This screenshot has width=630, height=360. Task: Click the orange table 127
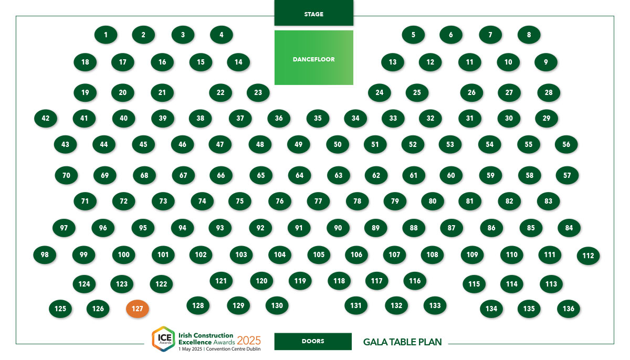pyautogui.click(x=137, y=309)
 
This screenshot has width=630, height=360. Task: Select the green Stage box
pyautogui.click(x=313, y=13)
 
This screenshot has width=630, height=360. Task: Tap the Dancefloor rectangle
pyautogui.click(x=313, y=58)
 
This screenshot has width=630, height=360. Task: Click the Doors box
pyautogui.click(x=313, y=341)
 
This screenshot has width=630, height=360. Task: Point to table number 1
pyautogui.click(x=106, y=35)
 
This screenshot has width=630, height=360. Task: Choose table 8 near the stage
pyautogui.click(x=529, y=35)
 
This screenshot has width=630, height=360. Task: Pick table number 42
pyautogui.click(x=46, y=118)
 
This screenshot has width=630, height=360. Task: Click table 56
pyautogui.click(x=566, y=144)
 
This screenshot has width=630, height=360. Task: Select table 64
pyautogui.click(x=300, y=175)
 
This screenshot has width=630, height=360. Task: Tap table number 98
pyautogui.click(x=45, y=255)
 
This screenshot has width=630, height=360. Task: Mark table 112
pyautogui.click(x=588, y=256)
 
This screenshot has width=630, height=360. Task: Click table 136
pyautogui.click(x=569, y=309)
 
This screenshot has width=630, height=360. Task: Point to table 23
pyautogui.click(x=258, y=93)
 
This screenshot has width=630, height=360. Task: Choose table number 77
pyautogui.click(x=318, y=201)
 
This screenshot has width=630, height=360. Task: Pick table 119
pyautogui.click(x=300, y=281)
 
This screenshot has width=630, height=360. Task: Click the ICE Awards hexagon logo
pyautogui.click(x=164, y=338)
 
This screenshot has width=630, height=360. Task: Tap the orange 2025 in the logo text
pyautogui.click(x=249, y=341)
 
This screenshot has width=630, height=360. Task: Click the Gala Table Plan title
pyautogui.click(x=403, y=342)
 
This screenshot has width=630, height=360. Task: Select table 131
pyautogui.click(x=356, y=305)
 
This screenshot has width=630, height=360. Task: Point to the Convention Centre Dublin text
pyautogui.click(x=233, y=349)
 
